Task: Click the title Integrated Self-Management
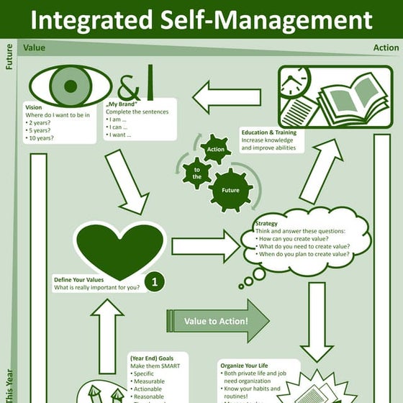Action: pyautogui.click(x=201, y=19)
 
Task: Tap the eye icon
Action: pyautogui.click(x=70, y=86)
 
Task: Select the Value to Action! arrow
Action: pyautogui.click(x=217, y=321)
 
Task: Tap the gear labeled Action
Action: pyautogui.click(x=216, y=149)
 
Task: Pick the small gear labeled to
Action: pyautogui.click(x=196, y=173)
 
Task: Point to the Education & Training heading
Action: pyautogui.click(x=268, y=132)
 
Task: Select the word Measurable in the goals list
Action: pyautogui.click(x=148, y=381)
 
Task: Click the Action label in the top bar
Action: pyautogui.click(x=386, y=48)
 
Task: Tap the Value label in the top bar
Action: pyautogui.click(x=34, y=48)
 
